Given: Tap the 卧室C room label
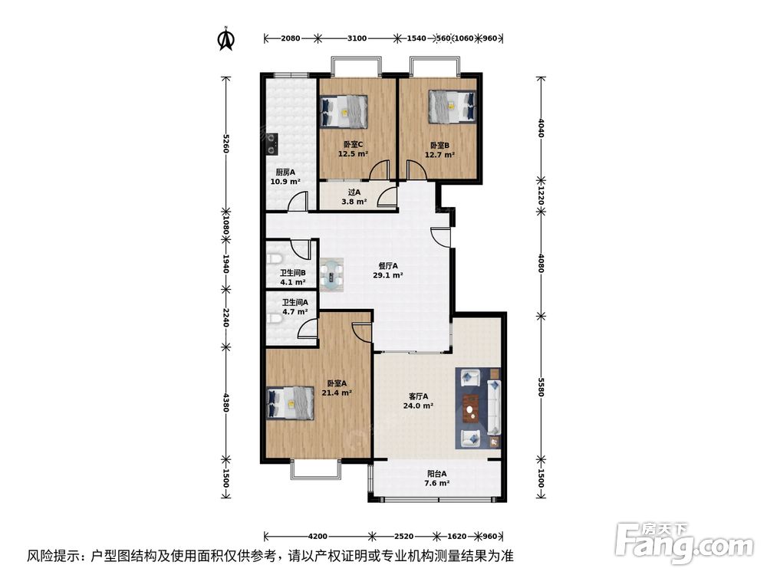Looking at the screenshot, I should [353, 145].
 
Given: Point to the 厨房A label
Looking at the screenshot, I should [285, 172].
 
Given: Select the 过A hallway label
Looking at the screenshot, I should [354, 192].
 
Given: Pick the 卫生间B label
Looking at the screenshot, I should [292, 272].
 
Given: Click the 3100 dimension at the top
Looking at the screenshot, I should [357, 38].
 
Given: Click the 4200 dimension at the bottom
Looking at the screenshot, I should [318, 536].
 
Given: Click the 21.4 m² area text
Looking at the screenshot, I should [337, 393].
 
